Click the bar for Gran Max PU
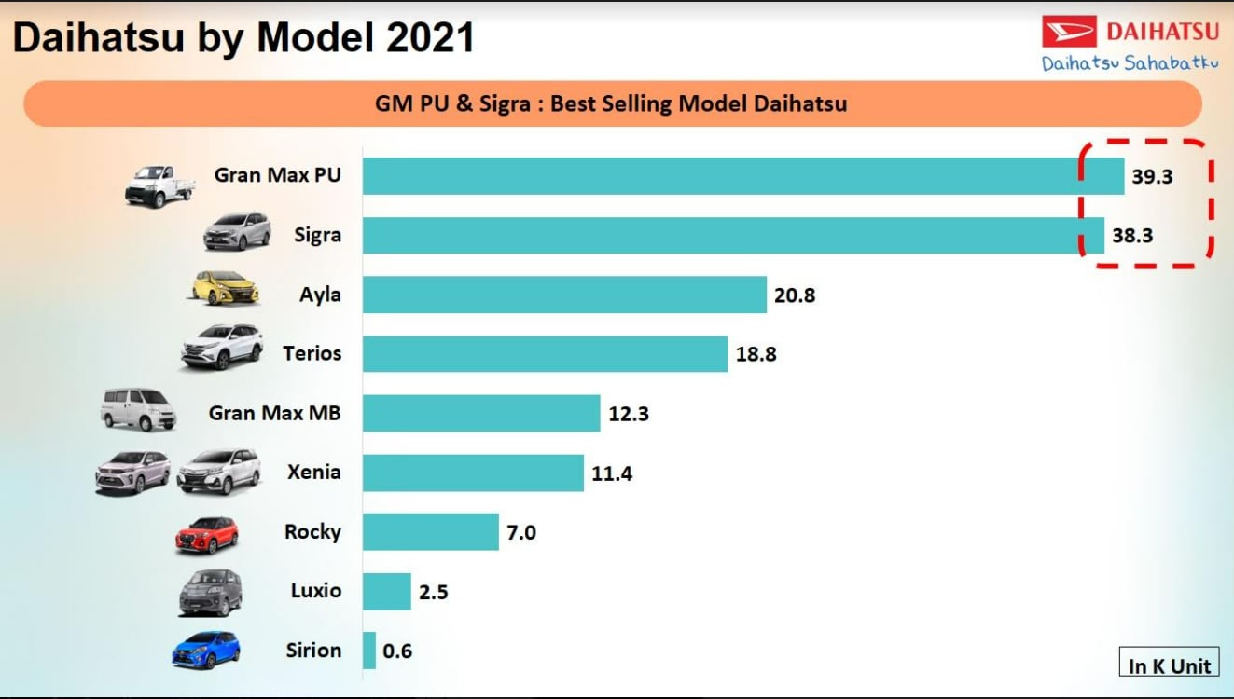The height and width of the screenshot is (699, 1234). [742, 176]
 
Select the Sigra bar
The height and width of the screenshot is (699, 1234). [733, 235]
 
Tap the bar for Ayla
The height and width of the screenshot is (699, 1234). [564, 295]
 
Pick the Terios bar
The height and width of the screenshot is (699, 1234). [545, 354]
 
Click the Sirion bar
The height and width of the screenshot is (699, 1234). [369, 651]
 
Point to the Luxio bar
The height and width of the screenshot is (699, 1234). [386, 591]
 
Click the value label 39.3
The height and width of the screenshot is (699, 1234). [1152, 177]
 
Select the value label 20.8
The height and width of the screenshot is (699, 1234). [795, 295]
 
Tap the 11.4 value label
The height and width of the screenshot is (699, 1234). [612, 473]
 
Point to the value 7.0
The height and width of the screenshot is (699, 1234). [521, 533]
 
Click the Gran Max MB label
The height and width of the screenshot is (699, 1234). [274, 413]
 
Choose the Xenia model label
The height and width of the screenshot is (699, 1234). [313, 472]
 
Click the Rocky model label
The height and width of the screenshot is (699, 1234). [312, 531]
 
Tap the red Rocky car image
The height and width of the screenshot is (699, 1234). [207, 535]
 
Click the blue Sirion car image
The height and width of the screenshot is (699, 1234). [206, 651]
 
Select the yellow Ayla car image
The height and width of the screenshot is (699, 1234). [225, 288]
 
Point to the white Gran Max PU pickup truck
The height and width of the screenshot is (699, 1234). [160, 185]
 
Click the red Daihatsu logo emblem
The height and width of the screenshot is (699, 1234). [1069, 33]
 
